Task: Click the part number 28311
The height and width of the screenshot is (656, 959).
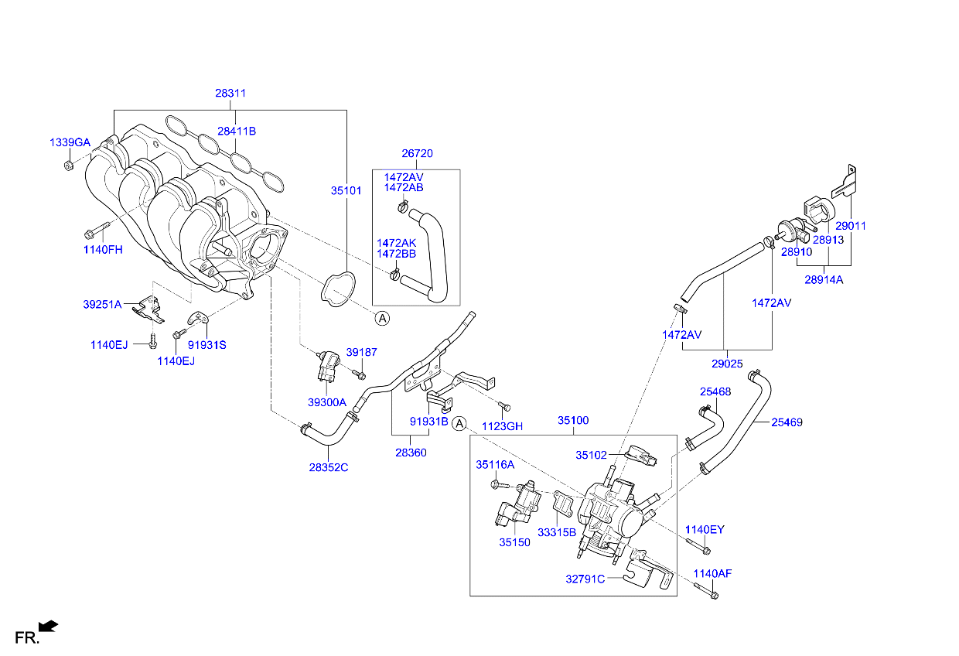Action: coord(230,94)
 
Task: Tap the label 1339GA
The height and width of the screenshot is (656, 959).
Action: coord(70,143)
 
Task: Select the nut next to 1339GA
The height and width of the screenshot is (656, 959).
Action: coord(68,165)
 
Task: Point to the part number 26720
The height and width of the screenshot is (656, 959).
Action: coord(417,154)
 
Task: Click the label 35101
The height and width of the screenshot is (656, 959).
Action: coord(346,190)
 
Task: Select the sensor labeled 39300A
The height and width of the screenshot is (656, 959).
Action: coord(327,366)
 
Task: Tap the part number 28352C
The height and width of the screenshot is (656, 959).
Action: coord(328,467)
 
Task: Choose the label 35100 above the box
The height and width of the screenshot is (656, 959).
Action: coord(573,421)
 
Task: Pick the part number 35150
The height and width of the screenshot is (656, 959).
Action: coord(514,543)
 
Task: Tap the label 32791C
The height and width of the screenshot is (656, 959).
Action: coord(585,577)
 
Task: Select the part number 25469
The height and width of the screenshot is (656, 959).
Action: coord(787,422)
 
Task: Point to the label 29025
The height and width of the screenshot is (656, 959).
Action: coord(726,363)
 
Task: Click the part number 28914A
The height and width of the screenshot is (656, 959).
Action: coord(823,280)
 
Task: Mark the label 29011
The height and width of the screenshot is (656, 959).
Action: coord(850,227)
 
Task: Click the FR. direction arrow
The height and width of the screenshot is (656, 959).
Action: coord(48,626)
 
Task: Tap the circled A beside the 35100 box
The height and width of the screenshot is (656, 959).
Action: coord(459,423)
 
